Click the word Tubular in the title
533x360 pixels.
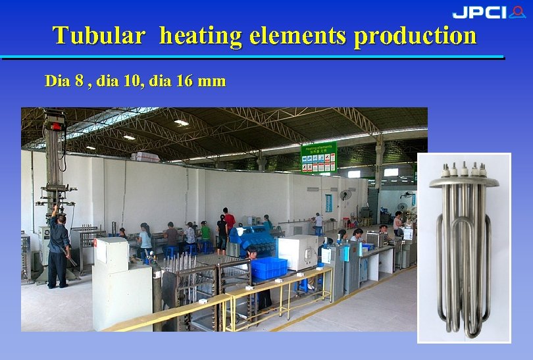click(98, 35)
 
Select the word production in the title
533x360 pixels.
click(415, 36)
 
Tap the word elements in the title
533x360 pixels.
click(299, 35)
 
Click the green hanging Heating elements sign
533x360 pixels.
click(318, 157)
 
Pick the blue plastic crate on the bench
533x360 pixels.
click(269, 267)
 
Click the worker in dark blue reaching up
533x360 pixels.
click(58, 247)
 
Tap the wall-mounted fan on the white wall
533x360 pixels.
click(344, 195)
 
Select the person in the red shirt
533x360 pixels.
click(228, 222)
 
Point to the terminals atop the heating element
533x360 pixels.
click(464, 168)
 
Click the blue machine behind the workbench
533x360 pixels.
click(251, 237)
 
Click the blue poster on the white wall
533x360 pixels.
click(328, 202)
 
